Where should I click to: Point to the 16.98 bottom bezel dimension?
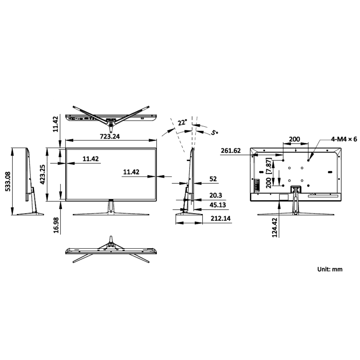(56, 224)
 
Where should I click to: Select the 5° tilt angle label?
(215, 133)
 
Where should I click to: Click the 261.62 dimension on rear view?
(230, 151)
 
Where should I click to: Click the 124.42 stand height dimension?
(275, 228)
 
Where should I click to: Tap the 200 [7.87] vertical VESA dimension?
(268, 172)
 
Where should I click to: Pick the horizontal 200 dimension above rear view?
(294, 139)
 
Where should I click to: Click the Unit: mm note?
(329, 269)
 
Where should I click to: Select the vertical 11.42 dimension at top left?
(55, 124)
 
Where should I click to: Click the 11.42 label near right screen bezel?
(131, 172)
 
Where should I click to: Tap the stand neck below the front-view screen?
(111, 207)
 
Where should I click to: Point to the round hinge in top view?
(111, 125)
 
